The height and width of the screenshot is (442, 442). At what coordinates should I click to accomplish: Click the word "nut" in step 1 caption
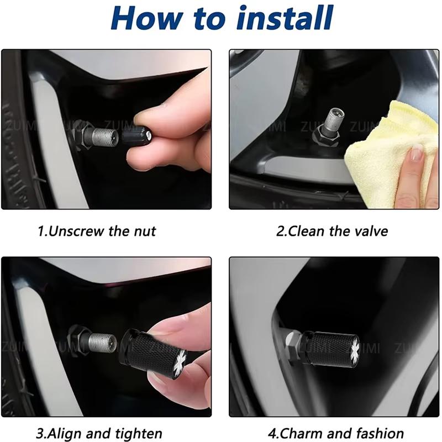pyautogui.click(x=145, y=231)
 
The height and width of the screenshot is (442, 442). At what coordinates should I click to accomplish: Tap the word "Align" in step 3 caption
pyautogui.click(x=65, y=433)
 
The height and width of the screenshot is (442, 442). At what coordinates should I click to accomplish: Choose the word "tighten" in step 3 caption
pyautogui.click(x=139, y=434)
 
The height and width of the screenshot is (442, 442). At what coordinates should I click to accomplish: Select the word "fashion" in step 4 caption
pyautogui.click(x=380, y=433)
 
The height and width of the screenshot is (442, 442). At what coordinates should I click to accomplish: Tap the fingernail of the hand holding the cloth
pyautogui.click(x=417, y=152)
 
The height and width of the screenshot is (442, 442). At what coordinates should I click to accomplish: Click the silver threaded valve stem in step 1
pyautogui.click(x=105, y=137)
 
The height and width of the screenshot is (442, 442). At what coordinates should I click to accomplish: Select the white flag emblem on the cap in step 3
pyautogui.click(x=180, y=361)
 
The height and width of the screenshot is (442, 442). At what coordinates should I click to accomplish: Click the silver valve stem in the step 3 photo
pyautogui.click(x=103, y=342)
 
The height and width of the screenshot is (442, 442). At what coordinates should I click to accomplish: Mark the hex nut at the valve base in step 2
pyautogui.click(x=326, y=137)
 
